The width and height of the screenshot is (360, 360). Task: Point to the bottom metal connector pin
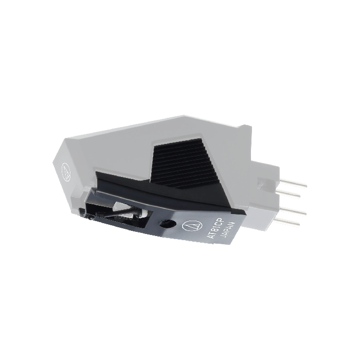coord(287,221)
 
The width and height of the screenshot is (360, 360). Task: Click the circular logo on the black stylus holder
coord(190,226)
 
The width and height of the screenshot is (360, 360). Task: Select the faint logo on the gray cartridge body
coord(66,171)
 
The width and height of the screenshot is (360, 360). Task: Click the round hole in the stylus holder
coord(167,223)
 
